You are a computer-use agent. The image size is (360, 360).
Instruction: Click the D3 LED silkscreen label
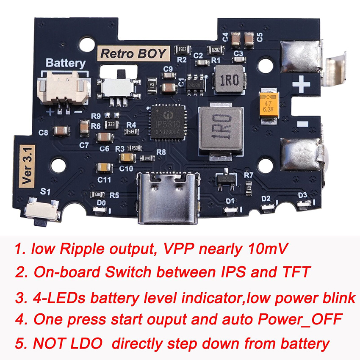click(x=302, y=195)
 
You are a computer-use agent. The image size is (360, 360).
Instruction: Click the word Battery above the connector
click(x=66, y=64)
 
